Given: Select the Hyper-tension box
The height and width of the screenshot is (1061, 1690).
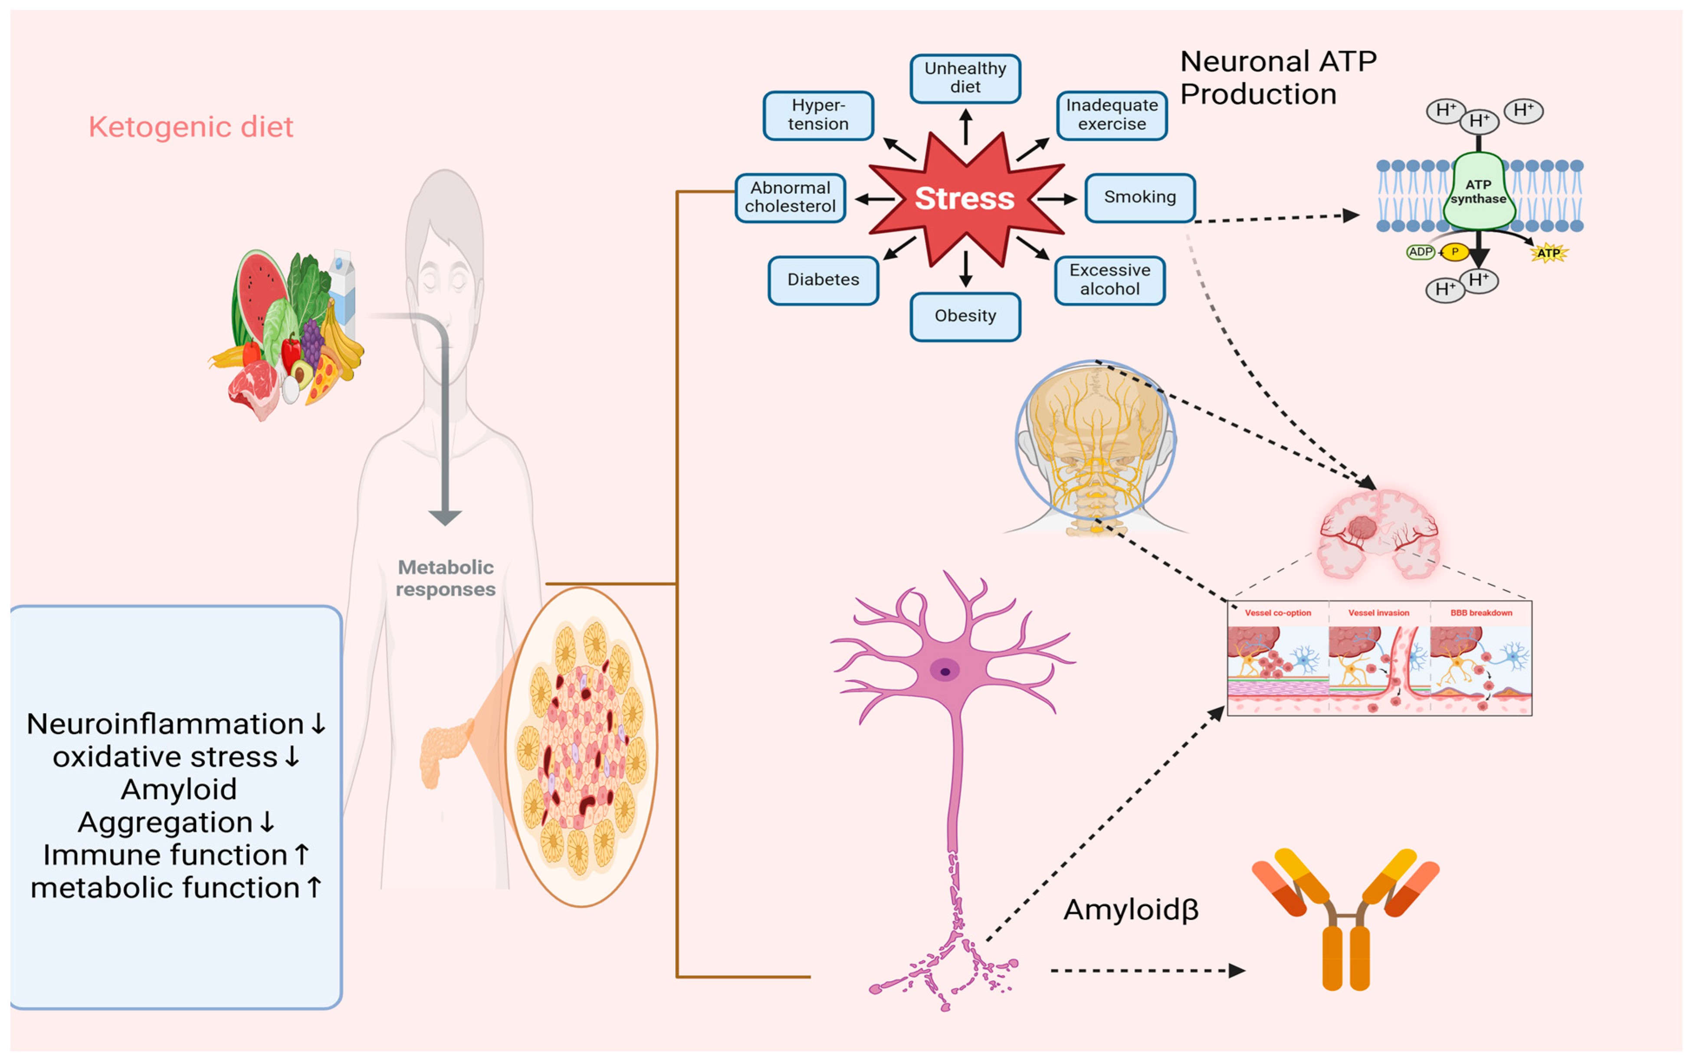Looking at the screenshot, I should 818,115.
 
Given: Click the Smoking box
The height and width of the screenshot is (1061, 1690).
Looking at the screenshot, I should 1140,198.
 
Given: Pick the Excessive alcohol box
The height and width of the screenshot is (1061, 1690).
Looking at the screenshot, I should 1109,280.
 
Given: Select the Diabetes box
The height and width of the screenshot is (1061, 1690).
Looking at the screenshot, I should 823,280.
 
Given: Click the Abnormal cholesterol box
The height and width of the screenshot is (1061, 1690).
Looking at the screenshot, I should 790,198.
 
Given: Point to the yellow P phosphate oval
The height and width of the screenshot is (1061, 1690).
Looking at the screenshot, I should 1455,252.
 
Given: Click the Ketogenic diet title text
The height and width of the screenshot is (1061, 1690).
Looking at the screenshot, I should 191,127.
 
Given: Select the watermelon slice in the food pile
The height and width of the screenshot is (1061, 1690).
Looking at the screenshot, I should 258,295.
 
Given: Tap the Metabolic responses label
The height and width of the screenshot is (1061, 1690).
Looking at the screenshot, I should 446,578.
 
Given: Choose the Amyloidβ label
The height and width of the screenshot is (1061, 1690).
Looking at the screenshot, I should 1131,910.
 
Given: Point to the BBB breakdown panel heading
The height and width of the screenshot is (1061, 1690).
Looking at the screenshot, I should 1481,612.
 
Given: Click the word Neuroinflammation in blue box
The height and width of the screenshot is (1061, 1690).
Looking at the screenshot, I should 165,724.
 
